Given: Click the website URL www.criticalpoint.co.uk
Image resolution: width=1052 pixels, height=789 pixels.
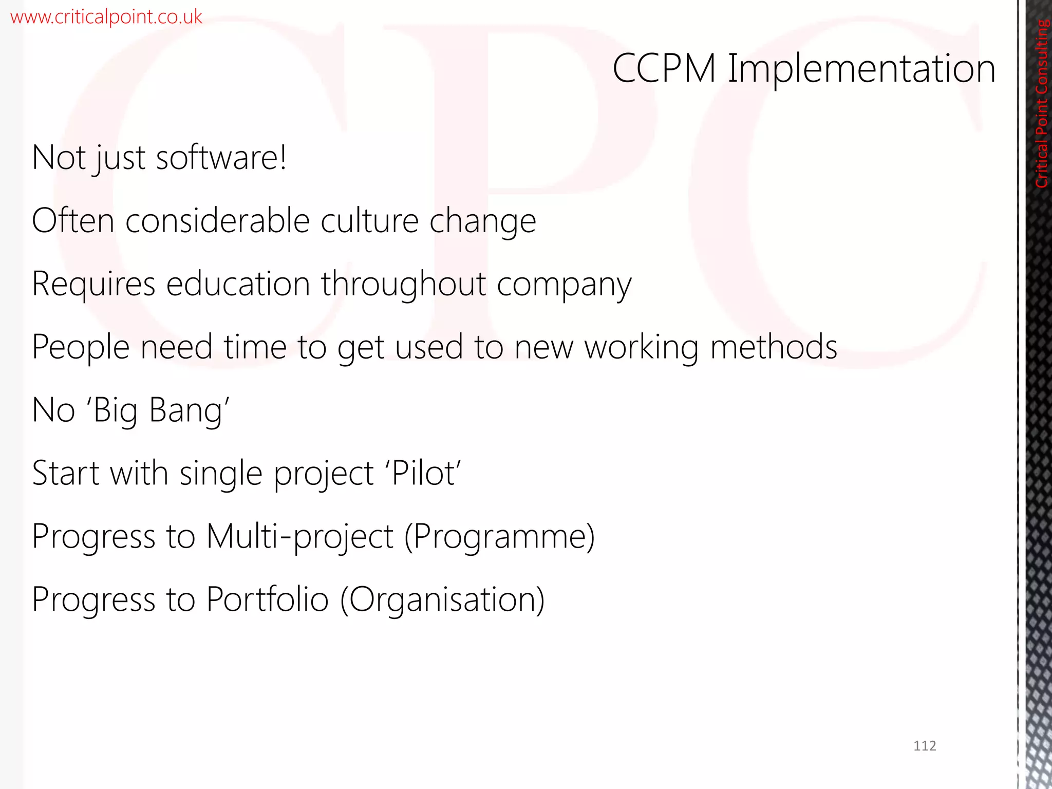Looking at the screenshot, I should pos(106,17).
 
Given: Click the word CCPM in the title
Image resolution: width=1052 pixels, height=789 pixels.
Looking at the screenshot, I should pos(664,68).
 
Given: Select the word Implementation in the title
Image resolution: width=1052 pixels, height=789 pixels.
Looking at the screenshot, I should pos(862,69).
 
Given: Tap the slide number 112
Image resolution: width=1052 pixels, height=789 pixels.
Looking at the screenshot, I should pos(925,746).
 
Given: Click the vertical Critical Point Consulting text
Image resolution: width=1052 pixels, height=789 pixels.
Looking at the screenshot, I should pos(1041,103).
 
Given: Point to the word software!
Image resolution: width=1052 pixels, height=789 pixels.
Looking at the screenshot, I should pos(221,157).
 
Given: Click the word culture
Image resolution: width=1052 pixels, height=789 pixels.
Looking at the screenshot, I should pos(370,221).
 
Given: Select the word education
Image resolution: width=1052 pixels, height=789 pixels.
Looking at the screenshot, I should pos(238,284).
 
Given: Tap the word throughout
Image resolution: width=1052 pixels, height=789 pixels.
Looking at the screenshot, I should pos(404,285).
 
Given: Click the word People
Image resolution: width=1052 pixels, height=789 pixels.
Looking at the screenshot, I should pos(81,347).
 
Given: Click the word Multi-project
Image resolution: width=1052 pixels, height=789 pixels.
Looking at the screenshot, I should pos(299,537).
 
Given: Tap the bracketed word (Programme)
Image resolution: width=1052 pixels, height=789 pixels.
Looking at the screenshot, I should pos(500,537).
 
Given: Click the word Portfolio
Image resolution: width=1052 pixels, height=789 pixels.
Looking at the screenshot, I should pos(267,599).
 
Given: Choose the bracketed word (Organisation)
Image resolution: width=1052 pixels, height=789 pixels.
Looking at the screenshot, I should pos(442,600).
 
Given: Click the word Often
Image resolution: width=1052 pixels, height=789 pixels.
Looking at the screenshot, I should pos(73,221).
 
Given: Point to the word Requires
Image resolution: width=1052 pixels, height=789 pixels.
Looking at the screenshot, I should pos(93,285).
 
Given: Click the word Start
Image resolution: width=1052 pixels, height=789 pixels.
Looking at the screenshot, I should pos(66,473).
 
